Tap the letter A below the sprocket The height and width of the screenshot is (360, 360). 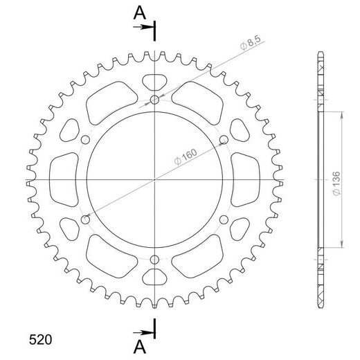140,345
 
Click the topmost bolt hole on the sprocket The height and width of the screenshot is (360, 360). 154,100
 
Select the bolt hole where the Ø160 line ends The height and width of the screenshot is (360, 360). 86,219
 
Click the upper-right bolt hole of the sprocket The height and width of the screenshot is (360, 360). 223,141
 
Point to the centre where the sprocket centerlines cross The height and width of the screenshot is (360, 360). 154,180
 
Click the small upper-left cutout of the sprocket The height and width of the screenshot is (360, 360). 71,129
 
